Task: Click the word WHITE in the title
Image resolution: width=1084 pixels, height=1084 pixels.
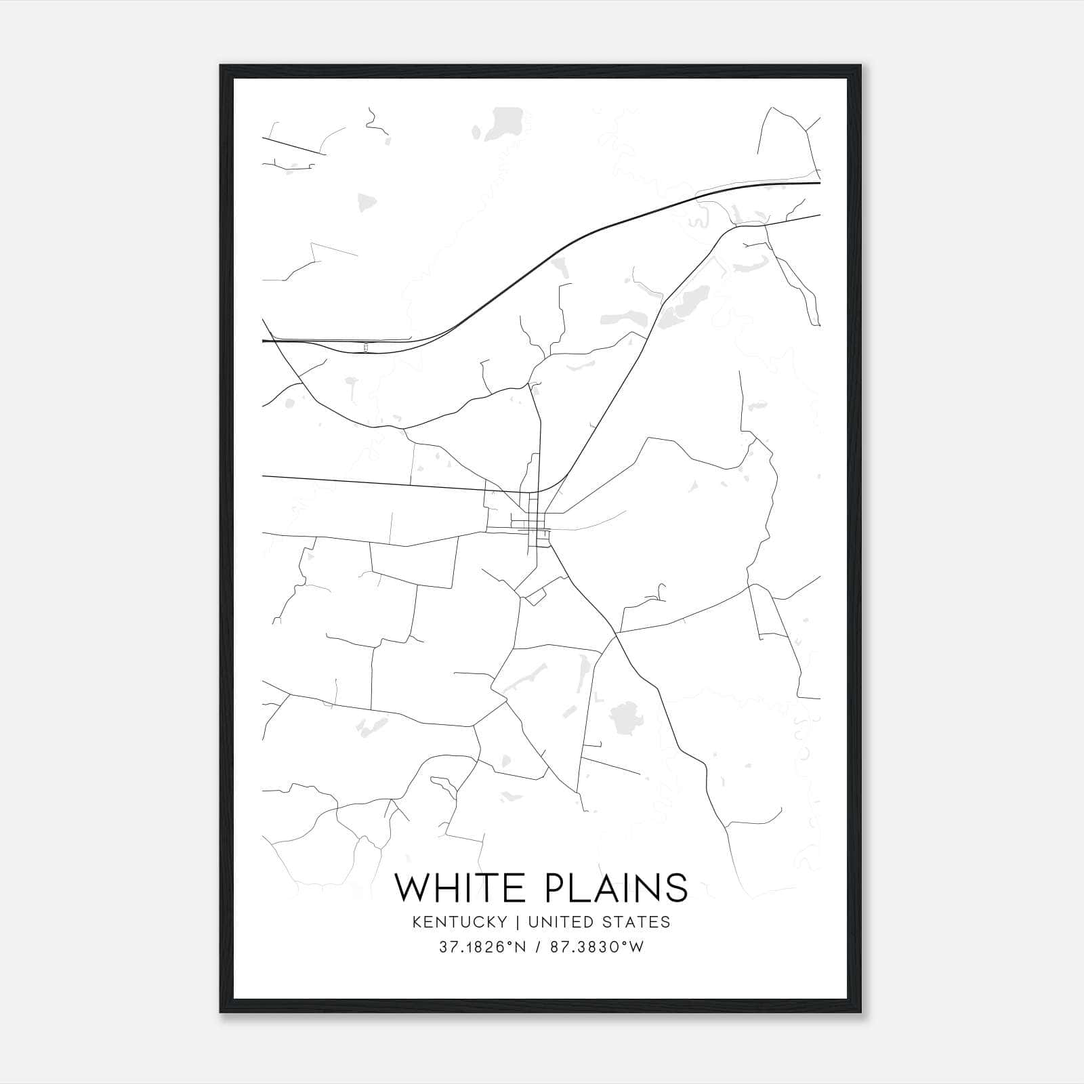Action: [x=464, y=888]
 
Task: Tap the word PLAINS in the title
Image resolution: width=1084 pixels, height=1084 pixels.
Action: [x=616, y=888]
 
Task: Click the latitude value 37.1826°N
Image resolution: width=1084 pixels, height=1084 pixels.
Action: [x=482, y=947]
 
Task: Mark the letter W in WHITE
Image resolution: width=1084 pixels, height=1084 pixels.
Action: [x=413, y=888]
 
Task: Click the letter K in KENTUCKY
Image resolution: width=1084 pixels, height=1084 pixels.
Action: [x=417, y=922]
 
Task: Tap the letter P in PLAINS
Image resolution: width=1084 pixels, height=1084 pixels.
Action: [x=556, y=888]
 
